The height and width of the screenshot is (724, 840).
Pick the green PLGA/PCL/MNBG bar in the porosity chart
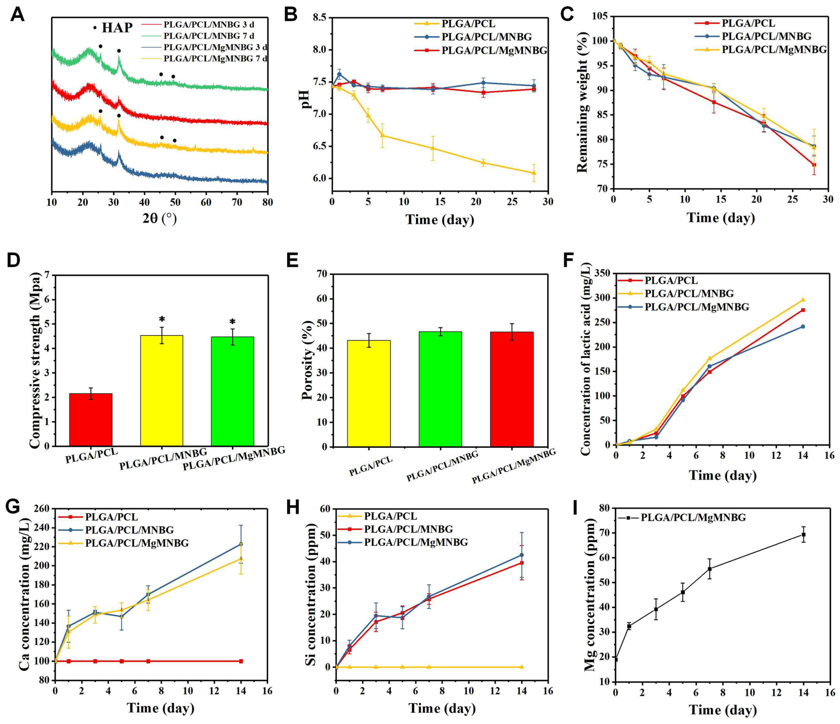coord(440,389)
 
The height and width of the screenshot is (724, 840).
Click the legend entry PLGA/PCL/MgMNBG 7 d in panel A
coord(215,59)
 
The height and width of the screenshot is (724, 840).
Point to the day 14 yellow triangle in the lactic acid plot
coord(803,300)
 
